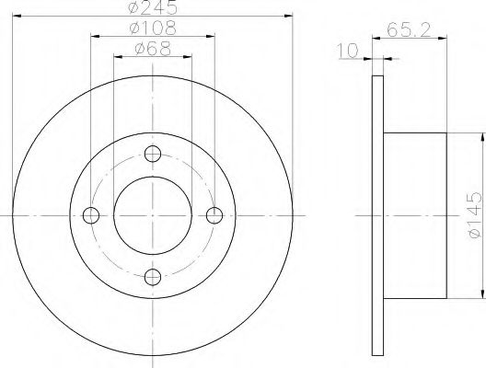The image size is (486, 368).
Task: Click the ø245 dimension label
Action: click(x=154, y=8)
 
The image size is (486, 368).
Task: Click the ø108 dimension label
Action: click(x=154, y=29)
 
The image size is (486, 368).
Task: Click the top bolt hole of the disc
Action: click(x=154, y=153)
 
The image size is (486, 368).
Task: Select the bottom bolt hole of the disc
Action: click(x=154, y=277)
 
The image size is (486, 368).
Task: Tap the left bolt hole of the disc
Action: click(x=91, y=215)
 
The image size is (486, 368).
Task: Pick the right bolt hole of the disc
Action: click(x=215, y=215)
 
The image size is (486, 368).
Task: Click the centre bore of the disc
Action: click(x=154, y=215)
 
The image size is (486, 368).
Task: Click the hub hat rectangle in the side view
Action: click(x=414, y=215)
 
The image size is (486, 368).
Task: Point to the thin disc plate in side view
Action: click(x=377, y=215)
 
